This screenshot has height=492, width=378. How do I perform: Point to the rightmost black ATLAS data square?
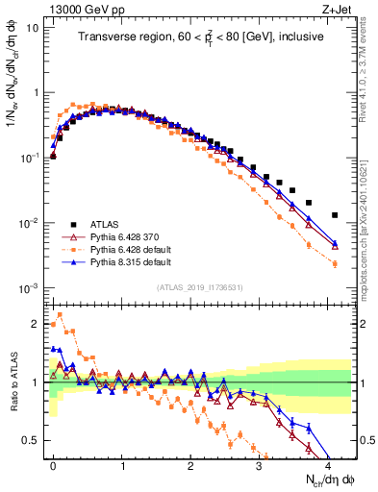click(x=335, y=215)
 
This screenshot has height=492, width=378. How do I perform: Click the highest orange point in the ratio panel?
click(x=60, y=315)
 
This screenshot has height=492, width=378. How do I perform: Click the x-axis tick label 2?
click(x=190, y=463)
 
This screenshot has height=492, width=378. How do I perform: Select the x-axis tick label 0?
click(x=53, y=463)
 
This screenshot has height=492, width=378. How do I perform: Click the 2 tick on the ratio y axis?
click(x=34, y=323)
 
